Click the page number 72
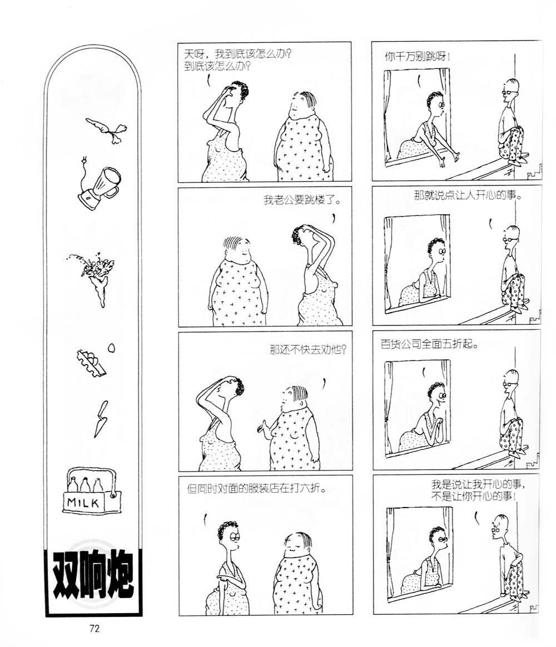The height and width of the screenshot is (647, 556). [x=94, y=629]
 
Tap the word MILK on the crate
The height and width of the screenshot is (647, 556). [x=83, y=503]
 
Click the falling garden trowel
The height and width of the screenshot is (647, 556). [x=101, y=418]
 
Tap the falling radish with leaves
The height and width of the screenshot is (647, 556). [x=107, y=129]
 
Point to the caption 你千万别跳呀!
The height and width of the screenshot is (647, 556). [x=418, y=56]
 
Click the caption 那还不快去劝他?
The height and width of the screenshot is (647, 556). [x=307, y=350]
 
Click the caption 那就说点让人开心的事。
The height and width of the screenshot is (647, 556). [x=468, y=195]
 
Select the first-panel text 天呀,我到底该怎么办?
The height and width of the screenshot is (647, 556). [x=237, y=54]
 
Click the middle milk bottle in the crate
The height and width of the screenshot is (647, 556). [x=85, y=485]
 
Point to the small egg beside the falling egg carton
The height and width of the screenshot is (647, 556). [x=111, y=348]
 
